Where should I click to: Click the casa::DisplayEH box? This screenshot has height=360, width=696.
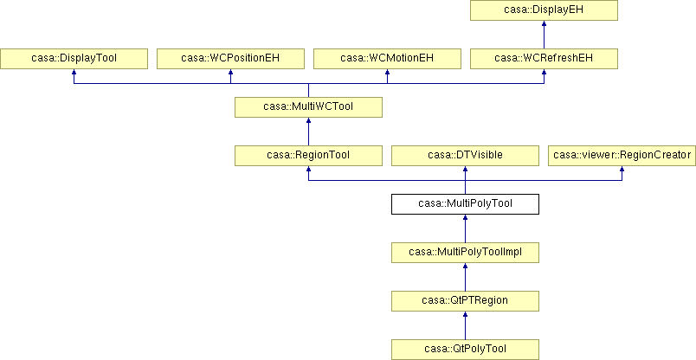[x=544, y=10]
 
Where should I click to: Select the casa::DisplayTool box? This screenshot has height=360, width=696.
[x=74, y=59]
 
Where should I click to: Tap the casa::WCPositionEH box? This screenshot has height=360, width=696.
[x=230, y=59]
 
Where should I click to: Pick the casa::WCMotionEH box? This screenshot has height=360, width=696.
[x=387, y=59]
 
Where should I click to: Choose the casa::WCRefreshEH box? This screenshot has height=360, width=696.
[x=544, y=59]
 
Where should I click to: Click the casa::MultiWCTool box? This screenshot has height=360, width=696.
[x=308, y=107]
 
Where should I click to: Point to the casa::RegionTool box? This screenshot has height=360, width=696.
[x=308, y=156]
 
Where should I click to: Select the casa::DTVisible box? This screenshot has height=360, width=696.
[x=465, y=156]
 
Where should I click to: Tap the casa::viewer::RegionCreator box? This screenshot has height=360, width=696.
[x=622, y=156]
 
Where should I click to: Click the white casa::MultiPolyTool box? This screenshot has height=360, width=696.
[x=465, y=203]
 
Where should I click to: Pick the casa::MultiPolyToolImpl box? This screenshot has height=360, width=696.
[x=465, y=253]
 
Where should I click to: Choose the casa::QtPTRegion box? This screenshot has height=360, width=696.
[x=465, y=301]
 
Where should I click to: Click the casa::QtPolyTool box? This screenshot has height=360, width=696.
[x=465, y=350]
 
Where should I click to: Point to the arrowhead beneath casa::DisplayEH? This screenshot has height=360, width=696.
[x=544, y=23]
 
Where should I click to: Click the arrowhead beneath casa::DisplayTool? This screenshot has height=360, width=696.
[x=74, y=72]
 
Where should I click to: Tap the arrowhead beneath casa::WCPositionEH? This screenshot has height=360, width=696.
[x=230, y=72]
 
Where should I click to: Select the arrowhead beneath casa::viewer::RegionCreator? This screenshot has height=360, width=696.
[x=622, y=169]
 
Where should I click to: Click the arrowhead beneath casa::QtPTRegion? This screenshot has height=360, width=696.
[x=465, y=314]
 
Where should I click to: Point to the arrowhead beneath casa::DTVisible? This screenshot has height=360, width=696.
[x=465, y=169]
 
